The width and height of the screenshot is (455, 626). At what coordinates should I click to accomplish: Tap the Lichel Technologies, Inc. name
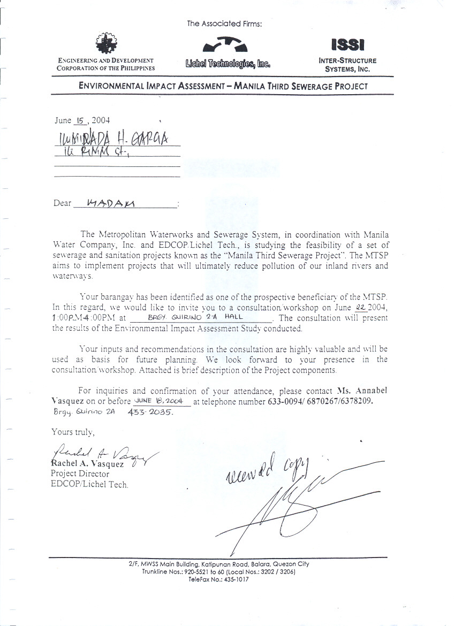tap(227, 64)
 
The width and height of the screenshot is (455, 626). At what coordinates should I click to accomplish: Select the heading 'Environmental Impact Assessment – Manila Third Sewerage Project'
tap(223, 86)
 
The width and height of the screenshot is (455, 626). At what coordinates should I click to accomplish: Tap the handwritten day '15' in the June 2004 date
tap(81, 121)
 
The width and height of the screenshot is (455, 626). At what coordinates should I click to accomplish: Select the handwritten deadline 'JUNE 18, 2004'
tap(159, 401)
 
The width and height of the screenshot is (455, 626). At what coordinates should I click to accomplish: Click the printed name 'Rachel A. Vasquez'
tap(87, 463)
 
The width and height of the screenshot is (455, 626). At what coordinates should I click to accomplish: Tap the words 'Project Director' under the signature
tap(80, 474)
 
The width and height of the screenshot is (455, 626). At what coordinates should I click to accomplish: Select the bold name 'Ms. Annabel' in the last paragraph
tap(362, 391)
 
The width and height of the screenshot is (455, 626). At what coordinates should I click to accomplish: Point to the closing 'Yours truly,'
tap(73, 431)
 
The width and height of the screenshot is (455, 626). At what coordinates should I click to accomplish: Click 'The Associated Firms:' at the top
tap(224, 24)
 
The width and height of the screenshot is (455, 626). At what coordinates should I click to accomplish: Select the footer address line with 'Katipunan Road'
tap(219, 564)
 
